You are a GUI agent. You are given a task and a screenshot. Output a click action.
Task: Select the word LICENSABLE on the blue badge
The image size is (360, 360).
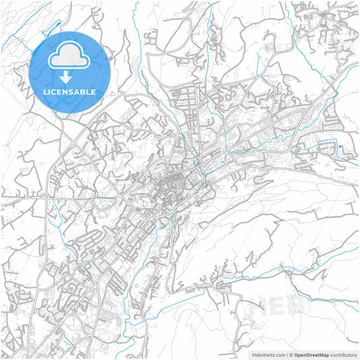pos(70,92)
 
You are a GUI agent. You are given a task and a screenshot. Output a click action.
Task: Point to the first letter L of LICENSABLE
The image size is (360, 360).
pos(46,92)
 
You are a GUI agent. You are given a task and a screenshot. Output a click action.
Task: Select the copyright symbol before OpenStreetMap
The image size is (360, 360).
pos(292,354)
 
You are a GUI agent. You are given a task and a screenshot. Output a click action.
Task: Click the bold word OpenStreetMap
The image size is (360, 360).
pos(311,354)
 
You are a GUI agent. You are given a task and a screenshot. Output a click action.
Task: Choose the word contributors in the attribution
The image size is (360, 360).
pos(343,354)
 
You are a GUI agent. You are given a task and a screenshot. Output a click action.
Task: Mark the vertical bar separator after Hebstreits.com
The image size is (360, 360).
pos(286,354)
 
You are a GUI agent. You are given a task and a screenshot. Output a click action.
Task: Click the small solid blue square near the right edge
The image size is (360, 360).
pos(340,147)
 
